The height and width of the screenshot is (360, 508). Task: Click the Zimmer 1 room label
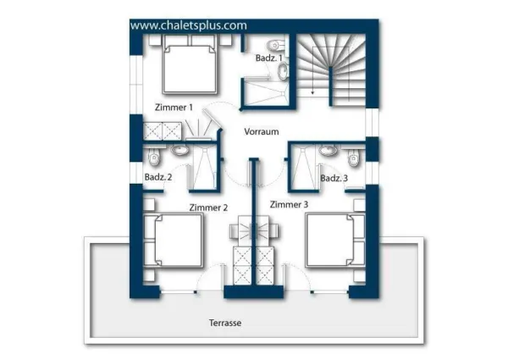174,108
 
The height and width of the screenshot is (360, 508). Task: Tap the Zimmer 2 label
208,208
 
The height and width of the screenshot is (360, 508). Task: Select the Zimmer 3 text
289,204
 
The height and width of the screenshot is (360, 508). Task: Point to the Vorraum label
262,131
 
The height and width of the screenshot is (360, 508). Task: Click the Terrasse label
225,323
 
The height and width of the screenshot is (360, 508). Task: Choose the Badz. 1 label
269,58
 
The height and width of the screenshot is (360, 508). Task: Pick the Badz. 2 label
158,177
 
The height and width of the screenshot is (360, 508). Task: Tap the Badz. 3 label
334,178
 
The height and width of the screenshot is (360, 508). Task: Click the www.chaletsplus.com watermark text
189,25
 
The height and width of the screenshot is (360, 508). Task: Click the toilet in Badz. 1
276,45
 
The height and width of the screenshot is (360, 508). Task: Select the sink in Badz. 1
284,71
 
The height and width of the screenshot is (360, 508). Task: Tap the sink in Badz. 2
179,150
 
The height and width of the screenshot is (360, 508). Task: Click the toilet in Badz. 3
353,158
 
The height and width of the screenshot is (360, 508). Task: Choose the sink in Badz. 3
329,150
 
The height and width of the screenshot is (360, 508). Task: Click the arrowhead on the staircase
312,92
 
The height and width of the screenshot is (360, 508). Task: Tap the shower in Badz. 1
267,92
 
